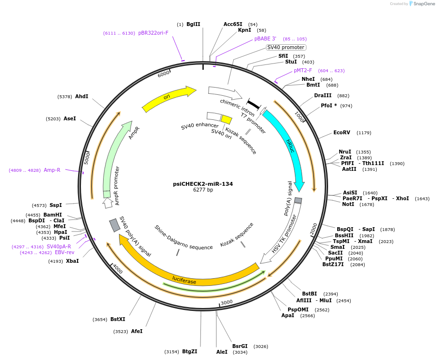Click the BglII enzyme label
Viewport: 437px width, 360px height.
193,24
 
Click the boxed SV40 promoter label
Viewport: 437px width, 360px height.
286,47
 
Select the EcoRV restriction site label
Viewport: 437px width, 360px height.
342,132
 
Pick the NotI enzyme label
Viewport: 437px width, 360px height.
348,204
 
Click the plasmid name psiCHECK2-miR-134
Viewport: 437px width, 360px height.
203,184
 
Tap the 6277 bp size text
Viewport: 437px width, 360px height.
203,190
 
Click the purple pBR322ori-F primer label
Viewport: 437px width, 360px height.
153,33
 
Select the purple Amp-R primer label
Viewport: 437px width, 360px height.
52,170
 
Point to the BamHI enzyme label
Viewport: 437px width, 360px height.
53,215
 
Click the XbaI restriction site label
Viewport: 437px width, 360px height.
72,261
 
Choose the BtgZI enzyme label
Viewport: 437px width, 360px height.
189,351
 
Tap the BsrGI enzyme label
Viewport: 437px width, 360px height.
240,346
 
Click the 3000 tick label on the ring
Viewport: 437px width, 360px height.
226,302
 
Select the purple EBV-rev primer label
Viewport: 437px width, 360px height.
65,252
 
